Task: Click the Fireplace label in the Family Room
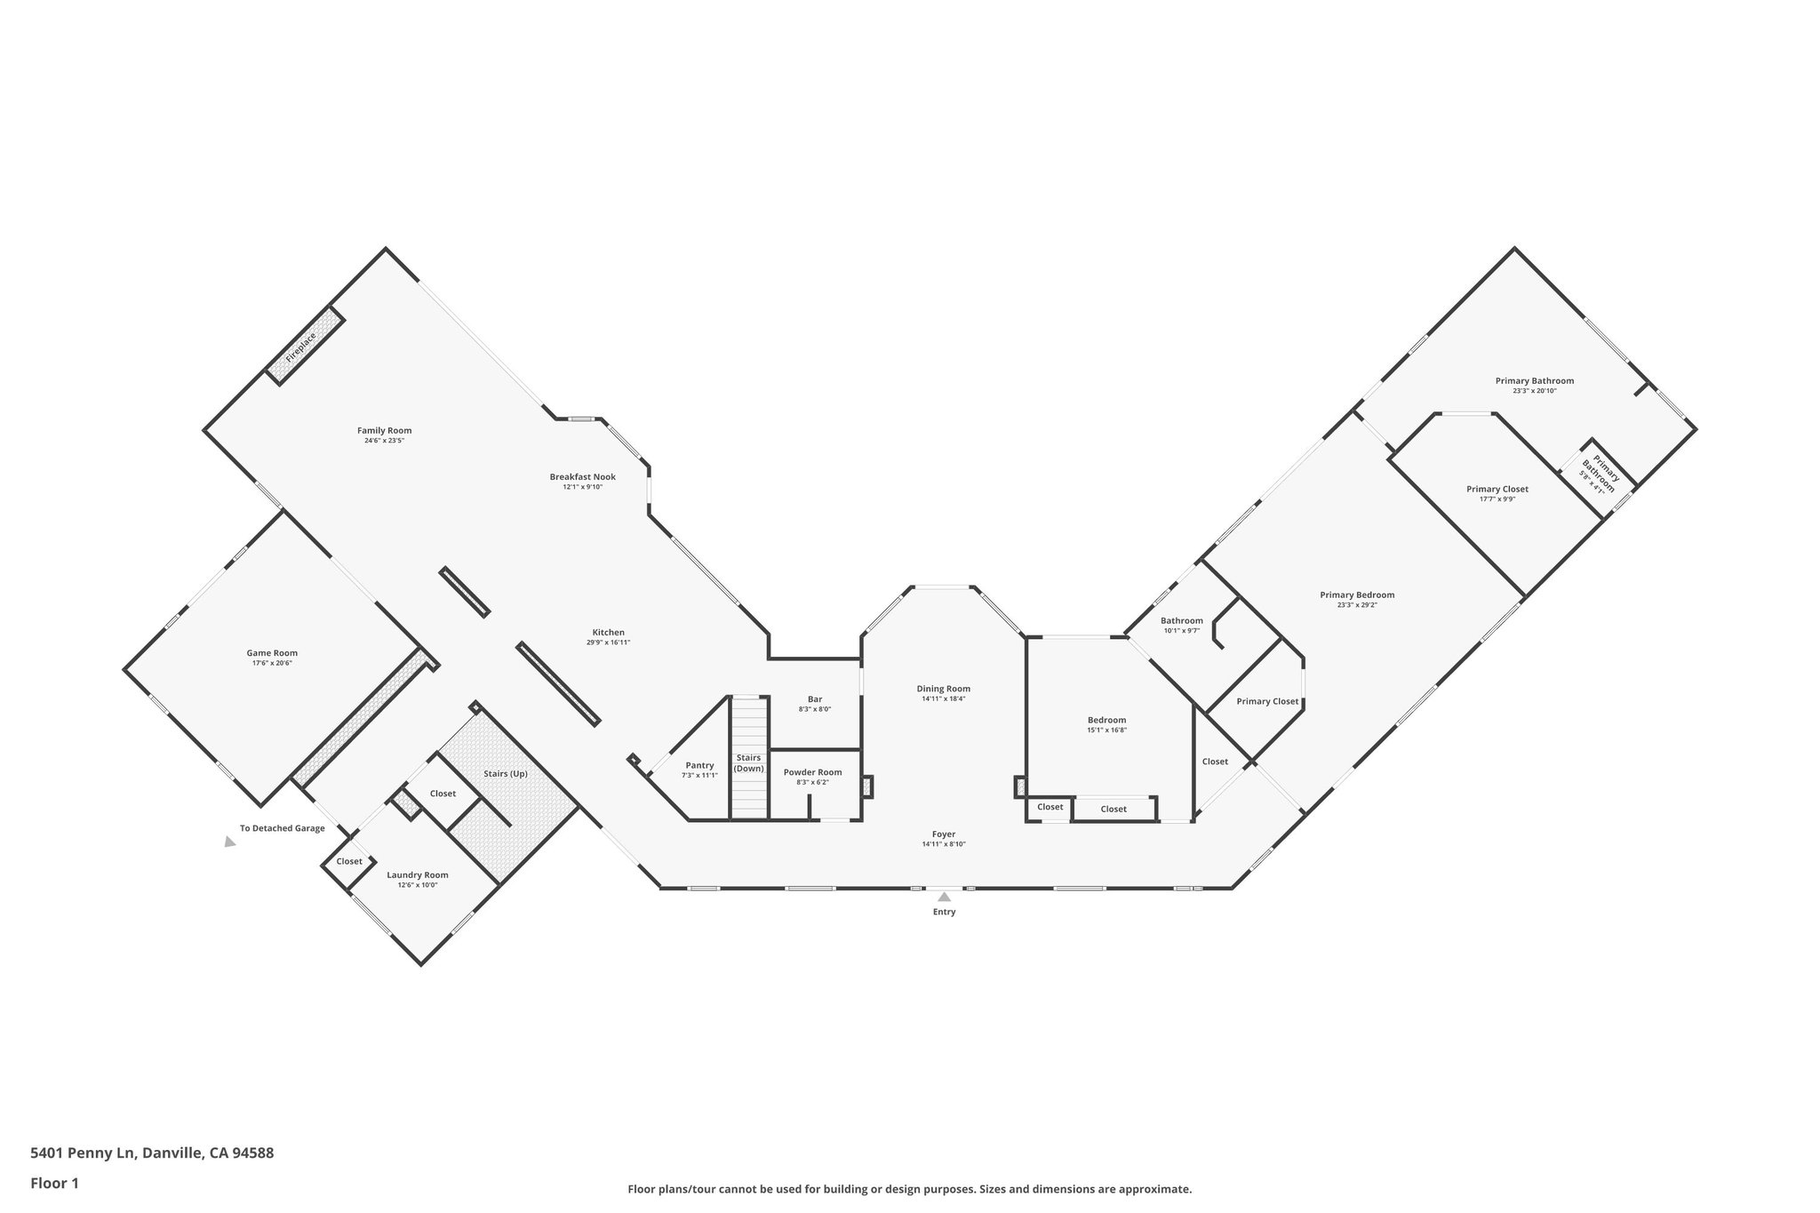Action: click(x=300, y=347)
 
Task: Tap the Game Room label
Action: click(x=272, y=653)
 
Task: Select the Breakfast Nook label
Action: click(x=582, y=477)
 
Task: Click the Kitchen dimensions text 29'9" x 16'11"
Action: click(x=609, y=642)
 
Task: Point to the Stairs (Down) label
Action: click(x=748, y=763)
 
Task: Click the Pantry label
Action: click(x=699, y=765)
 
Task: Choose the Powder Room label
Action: click(x=812, y=772)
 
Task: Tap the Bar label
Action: click(x=815, y=699)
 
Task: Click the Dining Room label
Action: click(x=943, y=689)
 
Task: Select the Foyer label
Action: click(x=943, y=834)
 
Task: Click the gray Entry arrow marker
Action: click(x=944, y=897)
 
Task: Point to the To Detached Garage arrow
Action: click(x=230, y=842)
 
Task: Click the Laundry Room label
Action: click(x=418, y=874)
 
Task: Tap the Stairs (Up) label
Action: click(x=506, y=773)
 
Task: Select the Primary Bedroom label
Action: click(x=1356, y=595)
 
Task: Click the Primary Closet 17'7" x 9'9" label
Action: click(x=1497, y=489)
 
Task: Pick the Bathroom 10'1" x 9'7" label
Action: click(x=1181, y=621)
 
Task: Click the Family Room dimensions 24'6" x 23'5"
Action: click(x=384, y=441)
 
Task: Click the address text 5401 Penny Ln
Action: click(x=82, y=1153)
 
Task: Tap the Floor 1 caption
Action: click(x=55, y=1183)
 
